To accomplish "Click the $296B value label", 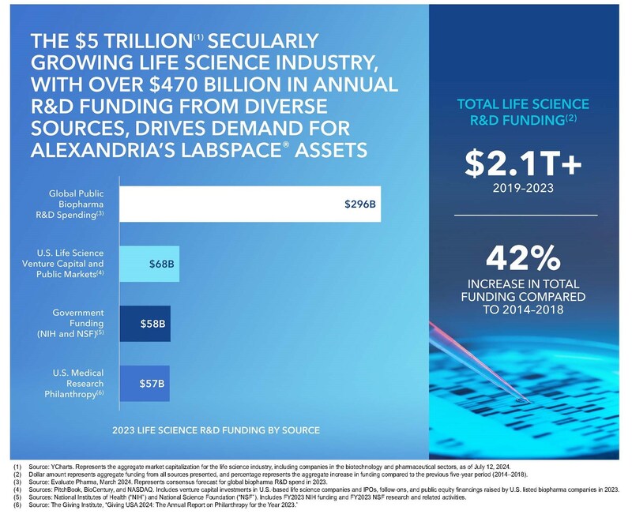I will coord(361,204).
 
